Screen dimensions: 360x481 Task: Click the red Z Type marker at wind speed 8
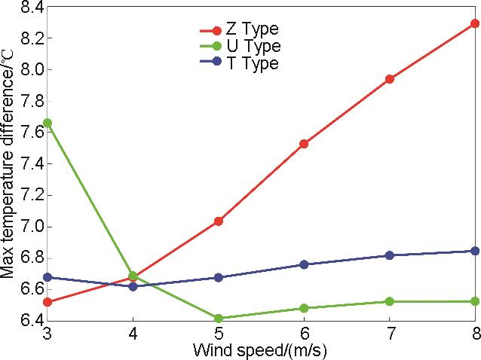pos(475,23)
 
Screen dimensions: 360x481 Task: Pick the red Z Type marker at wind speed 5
pos(219,221)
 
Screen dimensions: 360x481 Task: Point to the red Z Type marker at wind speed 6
pos(304,143)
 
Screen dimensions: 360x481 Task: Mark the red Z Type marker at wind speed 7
pos(390,79)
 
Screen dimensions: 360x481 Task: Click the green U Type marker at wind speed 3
pos(47,123)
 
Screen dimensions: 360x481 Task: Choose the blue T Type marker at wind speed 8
pos(475,251)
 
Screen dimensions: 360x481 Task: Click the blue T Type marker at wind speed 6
pos(304,264)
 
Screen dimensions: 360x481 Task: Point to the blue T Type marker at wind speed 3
pos(47,277)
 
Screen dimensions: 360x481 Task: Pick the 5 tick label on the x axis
pos(219,333)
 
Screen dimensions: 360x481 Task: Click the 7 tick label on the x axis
pos(390,333)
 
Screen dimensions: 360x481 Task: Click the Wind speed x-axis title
pos(261,349)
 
